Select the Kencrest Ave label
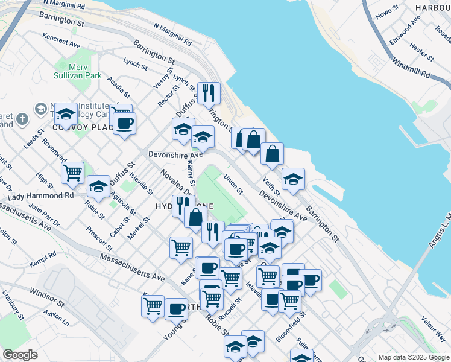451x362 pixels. pyautogui.click(x=61, y=40)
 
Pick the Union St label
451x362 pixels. pyautogui.click(x=233, y=185)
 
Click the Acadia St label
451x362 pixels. pyautogui.click(x=118, y=87)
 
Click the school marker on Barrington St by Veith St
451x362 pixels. pyautogui.click(x=293, y=179)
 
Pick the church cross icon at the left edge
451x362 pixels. pyautogui.click(x=22, y=119)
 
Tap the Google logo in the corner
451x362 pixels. pyautogui.click(x=20, y=355)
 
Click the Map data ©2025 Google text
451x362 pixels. pyautogui.click(x=413, y=357)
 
